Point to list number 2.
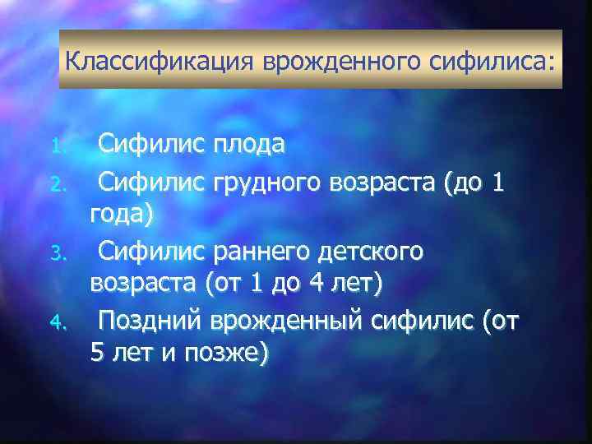[56, 187]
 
